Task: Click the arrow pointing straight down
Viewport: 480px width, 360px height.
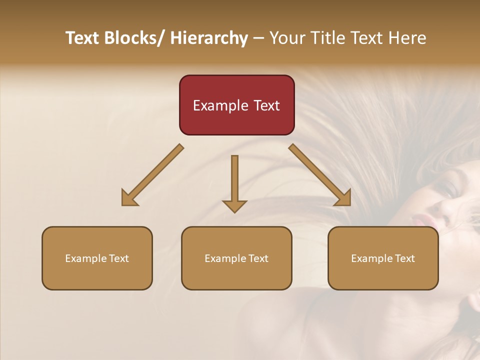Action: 234,182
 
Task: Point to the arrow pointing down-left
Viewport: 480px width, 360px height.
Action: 152,175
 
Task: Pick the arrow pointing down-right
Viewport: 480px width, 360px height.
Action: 320,175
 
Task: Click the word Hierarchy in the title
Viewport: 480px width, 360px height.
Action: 209,38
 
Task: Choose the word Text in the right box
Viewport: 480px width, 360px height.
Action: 404,258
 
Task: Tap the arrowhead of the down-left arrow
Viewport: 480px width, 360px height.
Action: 128,199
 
